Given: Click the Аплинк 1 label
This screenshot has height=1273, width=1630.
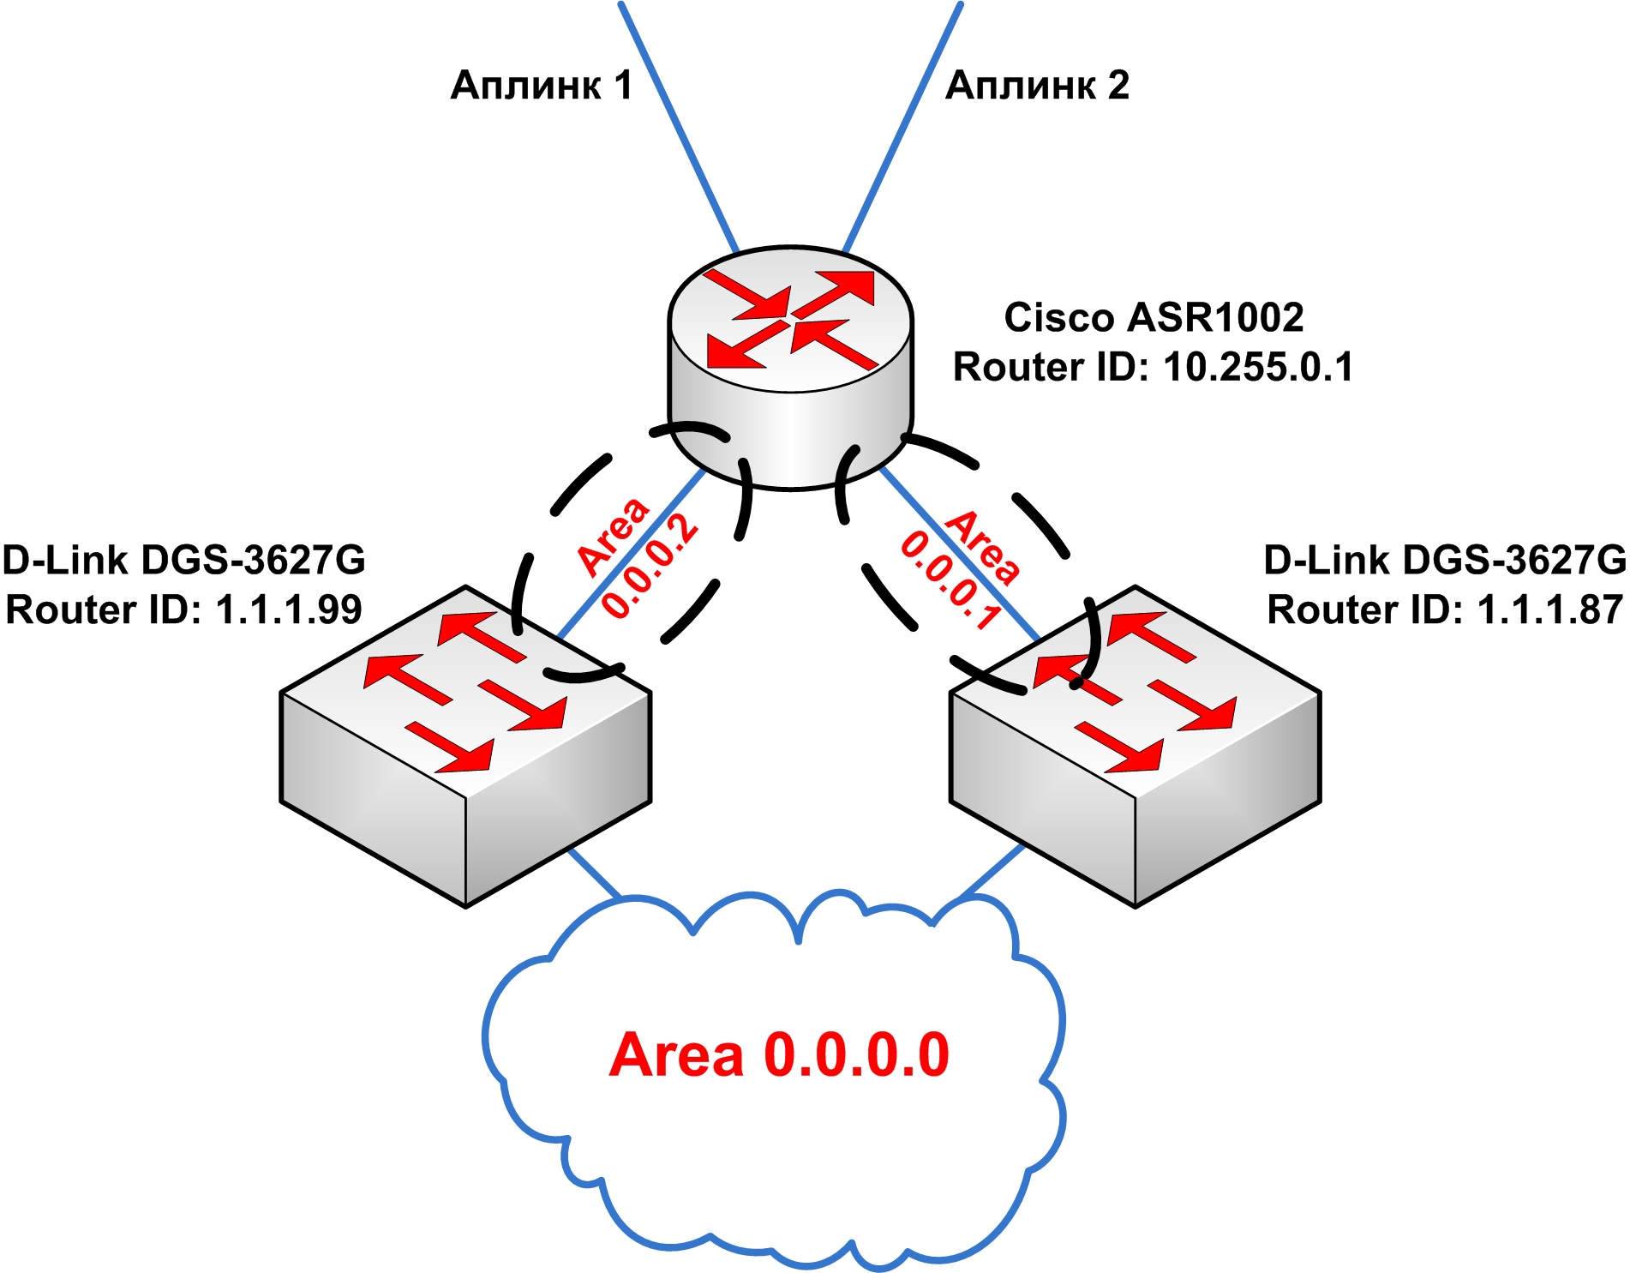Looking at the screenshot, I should [541, 86].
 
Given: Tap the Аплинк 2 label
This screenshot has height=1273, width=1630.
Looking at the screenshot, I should [1037, 86].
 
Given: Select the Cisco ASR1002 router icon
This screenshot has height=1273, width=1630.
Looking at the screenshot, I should [790, 369].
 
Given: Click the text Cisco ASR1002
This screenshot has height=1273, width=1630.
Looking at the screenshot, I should [1154, 317].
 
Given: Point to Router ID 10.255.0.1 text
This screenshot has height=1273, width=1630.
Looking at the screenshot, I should [1154, 367].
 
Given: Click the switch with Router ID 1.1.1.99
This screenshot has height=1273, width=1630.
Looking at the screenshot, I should [465, 746].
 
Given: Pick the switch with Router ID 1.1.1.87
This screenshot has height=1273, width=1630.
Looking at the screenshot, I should [1135, 746].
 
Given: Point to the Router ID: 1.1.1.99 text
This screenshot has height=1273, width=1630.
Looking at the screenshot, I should [183, 610].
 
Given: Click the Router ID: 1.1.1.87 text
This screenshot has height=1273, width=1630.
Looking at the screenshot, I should [1445, 610].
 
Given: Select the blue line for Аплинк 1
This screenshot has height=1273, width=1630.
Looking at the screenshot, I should [677, 124].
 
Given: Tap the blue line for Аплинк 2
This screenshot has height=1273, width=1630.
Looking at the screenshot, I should [904, 124].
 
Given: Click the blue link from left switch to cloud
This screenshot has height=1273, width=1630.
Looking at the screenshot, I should [593, 874].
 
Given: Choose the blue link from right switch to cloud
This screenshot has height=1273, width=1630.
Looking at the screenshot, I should [992, 874].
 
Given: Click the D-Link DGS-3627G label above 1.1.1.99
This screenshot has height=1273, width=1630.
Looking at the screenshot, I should [183, 560].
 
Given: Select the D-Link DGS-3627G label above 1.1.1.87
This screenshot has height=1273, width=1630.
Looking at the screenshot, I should [1445, 560].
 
